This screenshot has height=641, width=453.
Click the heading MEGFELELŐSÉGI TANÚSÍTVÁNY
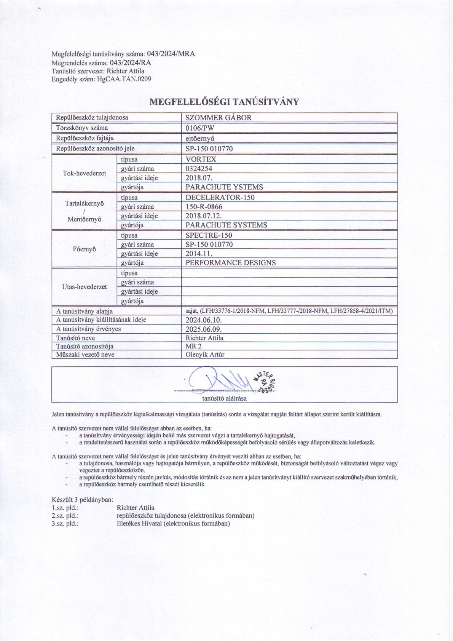[225, 102]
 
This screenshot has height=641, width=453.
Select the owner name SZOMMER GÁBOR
[219, 118]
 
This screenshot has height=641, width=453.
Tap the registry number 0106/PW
[199, 128]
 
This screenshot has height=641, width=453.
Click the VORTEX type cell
[201, 160]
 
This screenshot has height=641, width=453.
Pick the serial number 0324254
[199, 169]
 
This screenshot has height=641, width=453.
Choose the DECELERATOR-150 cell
[220, 198]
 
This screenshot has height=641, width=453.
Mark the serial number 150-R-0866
[204, 207]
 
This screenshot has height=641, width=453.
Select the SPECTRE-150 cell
[209, 235]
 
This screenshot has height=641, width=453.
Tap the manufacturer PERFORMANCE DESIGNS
[231, 263]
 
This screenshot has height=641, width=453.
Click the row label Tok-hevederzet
[84, 173]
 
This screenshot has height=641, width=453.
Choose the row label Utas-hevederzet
[84, 287]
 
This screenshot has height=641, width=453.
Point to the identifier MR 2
[193, 346]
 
